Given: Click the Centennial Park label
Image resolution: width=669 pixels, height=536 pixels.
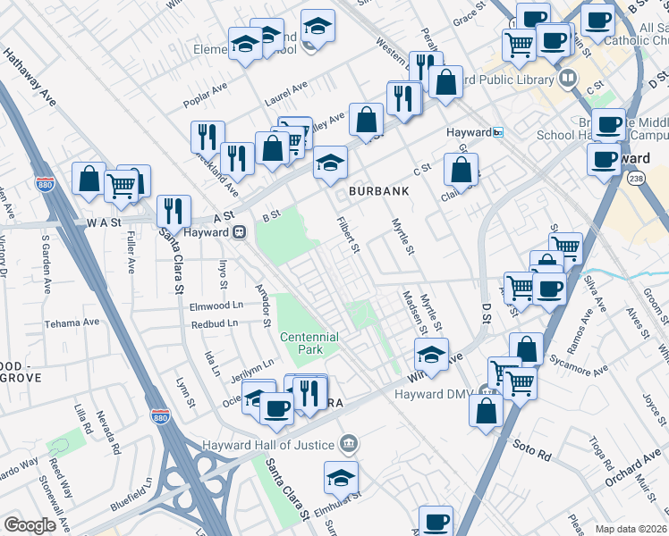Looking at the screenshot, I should [x=309, y=343].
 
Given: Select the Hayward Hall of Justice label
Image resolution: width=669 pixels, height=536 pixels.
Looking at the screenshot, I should [x=267, y=444].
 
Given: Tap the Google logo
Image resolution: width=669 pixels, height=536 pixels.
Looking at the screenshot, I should [x=30, y=525].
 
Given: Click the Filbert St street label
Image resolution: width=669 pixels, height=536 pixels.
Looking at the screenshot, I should [x=348, y=234].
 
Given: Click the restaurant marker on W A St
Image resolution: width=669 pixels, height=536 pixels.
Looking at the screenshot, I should [x=174, y=211].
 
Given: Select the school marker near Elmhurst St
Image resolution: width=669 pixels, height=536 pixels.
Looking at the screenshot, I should [x=341, y=476].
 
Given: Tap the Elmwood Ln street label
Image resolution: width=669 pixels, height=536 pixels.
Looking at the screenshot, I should [x=216, y=305].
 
